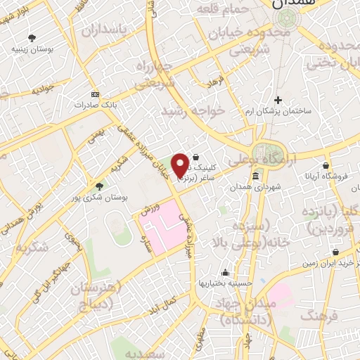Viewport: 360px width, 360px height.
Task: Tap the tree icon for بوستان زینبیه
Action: (31, 38)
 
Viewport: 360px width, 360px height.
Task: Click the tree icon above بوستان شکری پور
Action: (99, 186)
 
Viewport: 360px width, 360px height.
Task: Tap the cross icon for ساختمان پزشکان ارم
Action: (278, 100)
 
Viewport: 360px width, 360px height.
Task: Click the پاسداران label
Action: (112, 30)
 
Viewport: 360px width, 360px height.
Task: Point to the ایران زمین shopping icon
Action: (335, 252)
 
